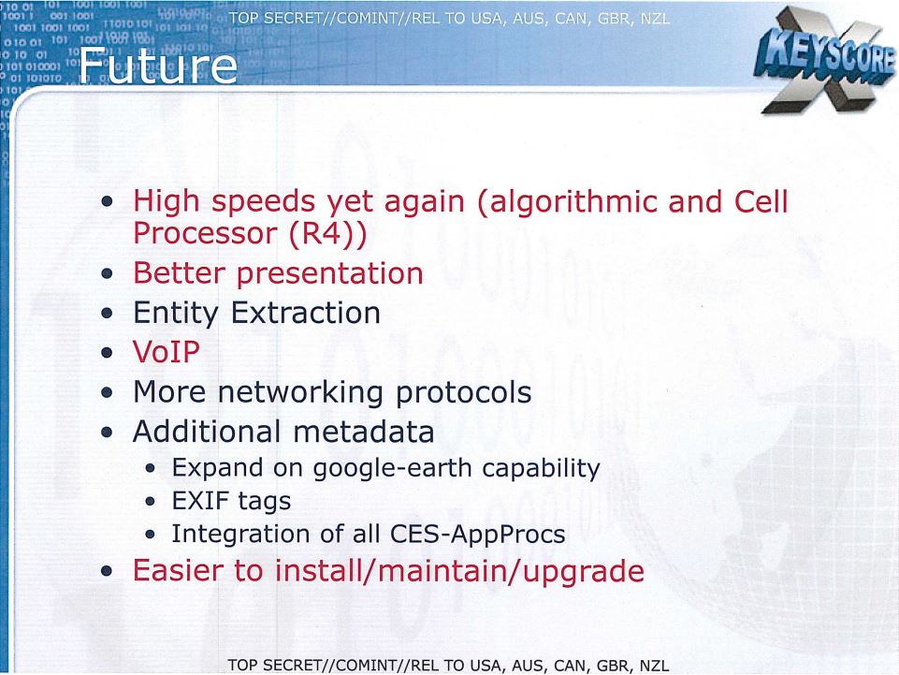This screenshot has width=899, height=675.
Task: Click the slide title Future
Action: pyautogui.click(x=158, y=66)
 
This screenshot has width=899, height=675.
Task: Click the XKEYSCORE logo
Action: pyautogui.click(x=825, y=61)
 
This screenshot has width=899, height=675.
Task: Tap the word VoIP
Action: pyautogui.click(x=167, y=352)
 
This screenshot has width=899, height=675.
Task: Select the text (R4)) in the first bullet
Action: pyautogui.click(x=328, y=234)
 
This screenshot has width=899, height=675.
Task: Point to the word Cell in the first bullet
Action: pyautogui.click(x=761, y=201)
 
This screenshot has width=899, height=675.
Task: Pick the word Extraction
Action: pyautogui.click(x=306, y=313)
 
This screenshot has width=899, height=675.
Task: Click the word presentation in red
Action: pyautogui.click(x=330, y=274)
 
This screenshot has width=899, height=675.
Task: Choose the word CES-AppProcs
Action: pyautogui.click(x=478, y=535)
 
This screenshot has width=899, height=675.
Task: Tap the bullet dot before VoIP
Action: pyautogui.click(x=107, y=352)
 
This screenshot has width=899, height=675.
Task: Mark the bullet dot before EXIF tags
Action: pyautogui.click(x=151, y=502)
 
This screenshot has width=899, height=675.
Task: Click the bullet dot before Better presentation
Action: pyautogui.click(x=107, y=274)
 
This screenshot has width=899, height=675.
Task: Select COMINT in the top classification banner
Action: pyautogui.click(x=361, y=19)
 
